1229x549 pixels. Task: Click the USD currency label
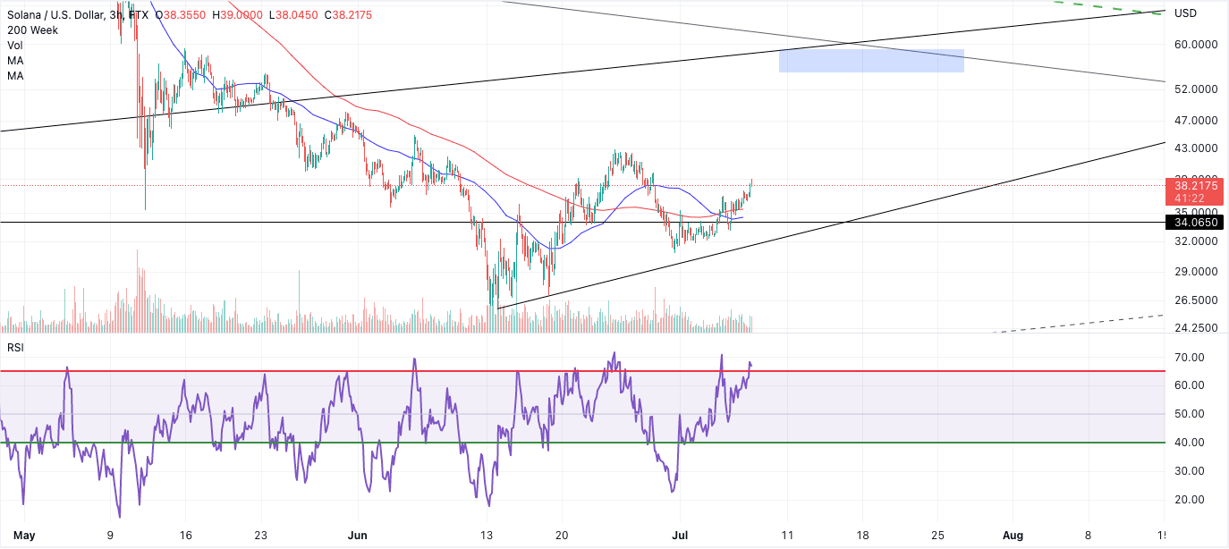click(1185, 13)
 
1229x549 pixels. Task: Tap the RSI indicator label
click(14, 347)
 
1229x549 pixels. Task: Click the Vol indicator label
click(14, 45)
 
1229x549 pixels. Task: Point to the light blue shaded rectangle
click(871, 60)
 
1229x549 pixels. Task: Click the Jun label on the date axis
click(357, 536)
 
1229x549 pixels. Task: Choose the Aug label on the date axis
click(1013, 536)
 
